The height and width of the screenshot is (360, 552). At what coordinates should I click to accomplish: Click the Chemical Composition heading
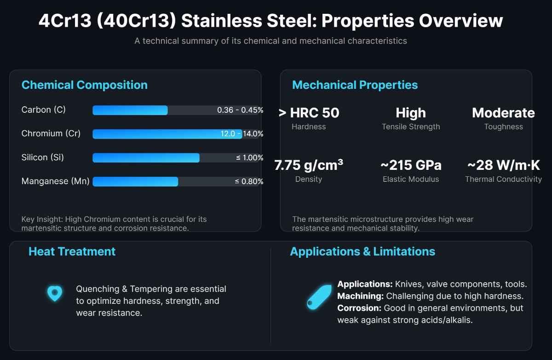point(85,85)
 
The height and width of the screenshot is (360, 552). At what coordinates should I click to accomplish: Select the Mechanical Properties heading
point(355,85)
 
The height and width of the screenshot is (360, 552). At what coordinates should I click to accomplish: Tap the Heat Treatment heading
point(72,251)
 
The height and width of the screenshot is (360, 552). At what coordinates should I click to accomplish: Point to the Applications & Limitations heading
point(362,251)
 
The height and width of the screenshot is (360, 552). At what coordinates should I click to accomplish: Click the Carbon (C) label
point(44,110)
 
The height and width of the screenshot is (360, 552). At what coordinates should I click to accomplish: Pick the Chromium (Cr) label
point(51,134)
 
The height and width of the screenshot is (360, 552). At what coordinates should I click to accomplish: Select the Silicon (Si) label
point(43,157)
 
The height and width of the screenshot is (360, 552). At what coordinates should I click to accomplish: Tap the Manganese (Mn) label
point(56,181)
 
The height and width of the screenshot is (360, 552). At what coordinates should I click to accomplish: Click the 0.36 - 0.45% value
point(240,110)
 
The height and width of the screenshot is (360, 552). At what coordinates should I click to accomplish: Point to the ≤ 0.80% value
point(249,181)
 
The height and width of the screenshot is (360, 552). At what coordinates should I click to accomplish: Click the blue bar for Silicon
point(146,158)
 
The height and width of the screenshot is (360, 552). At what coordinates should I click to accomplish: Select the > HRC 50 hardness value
point(309,113)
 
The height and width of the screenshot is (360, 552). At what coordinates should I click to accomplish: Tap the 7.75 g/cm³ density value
point(309,165)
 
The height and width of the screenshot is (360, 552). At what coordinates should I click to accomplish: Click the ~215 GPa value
point(411,165)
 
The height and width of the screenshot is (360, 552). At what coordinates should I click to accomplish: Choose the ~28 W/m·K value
point(503,165)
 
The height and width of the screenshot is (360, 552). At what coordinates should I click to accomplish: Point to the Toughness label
point(503,127)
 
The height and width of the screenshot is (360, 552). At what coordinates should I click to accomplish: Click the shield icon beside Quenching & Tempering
point(55,293)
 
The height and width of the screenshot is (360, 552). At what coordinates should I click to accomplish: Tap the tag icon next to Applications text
point(319,297)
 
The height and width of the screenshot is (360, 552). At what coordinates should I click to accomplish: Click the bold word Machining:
point(360,296)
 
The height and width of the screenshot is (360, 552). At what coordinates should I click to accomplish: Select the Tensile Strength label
point(411,127)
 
